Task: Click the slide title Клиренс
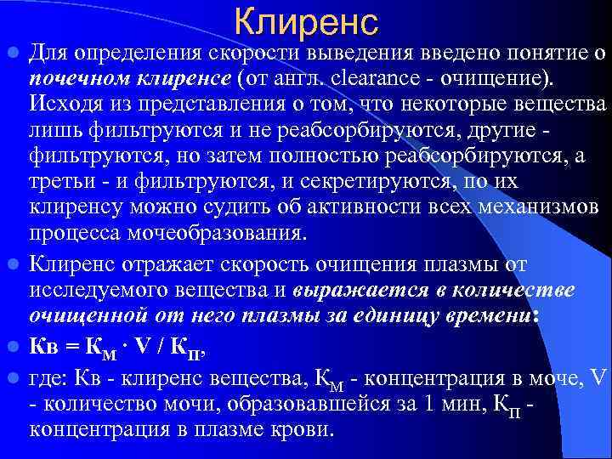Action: pos(305,22)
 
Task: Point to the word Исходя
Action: pos(59,105)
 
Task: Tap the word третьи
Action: pos(59,183)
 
